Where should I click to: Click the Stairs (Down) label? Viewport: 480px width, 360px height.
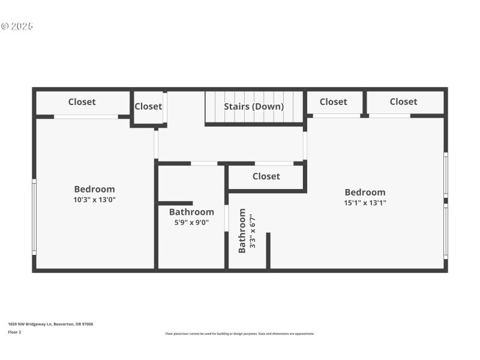(x=254, y=107)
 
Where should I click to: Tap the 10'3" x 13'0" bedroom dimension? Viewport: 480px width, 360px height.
(x=94, y=200)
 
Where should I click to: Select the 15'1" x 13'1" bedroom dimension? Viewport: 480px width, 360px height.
(x=365, y=203)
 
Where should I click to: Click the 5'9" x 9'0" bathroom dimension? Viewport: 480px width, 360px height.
(x=191, y=222)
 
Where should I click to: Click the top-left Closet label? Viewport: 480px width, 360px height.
(x=82, y=102)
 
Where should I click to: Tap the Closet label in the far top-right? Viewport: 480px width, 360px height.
(x=403, y=102)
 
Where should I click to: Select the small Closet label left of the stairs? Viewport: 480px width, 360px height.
(x=148, y=106)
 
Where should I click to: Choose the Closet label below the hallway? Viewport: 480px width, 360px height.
(x=266, y=176)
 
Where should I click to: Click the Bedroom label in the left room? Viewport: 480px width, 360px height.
(x=94, y=189)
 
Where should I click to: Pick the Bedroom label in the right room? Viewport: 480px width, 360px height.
(x=365, y=192)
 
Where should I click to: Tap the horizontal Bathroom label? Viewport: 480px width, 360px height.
(x=191, y=212)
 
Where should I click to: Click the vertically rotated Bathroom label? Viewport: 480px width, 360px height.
(x=242, y=231)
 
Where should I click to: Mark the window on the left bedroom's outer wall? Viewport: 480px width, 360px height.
(x=34, y=217)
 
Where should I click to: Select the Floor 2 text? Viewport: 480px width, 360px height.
(x=14, y=332)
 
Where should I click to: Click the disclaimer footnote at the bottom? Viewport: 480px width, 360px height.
(x=239, y=334)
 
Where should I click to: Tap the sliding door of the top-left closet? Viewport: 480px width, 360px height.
(x=86, y=116)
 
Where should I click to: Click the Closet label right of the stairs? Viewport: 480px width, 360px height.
(x=333, y=102)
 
